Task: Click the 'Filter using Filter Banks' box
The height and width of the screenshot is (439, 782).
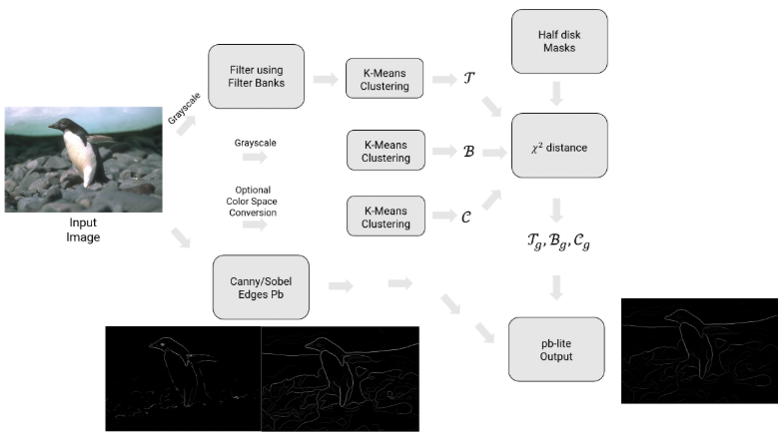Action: [256, 76]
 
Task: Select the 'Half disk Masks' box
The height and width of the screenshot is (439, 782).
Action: [559, 41]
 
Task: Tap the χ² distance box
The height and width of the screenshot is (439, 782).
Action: [559, 148]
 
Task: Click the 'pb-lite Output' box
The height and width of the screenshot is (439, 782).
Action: [556, 348]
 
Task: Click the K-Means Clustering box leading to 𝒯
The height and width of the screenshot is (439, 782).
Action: [385, 79]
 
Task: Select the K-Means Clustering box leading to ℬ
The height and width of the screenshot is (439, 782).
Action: [385, 149]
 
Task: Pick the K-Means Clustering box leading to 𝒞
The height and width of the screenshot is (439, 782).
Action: [385, 216]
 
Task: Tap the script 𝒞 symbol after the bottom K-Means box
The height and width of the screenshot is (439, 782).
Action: [466, 216]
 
